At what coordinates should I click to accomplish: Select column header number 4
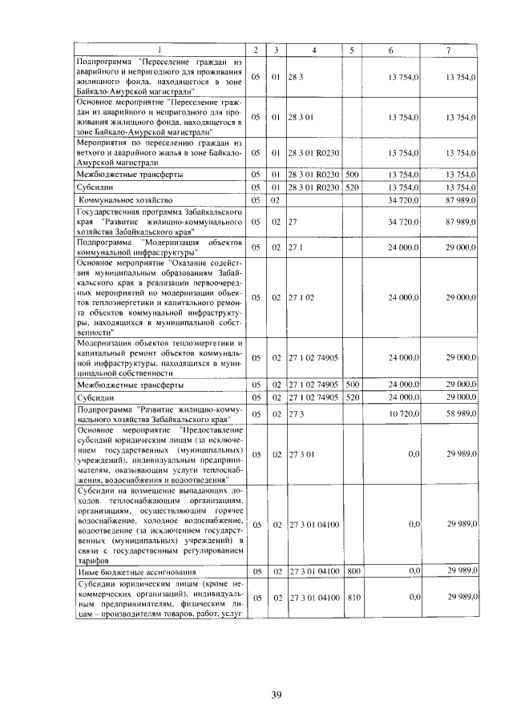click(x=314, y=50)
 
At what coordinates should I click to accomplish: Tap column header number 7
click(x=449, y=50)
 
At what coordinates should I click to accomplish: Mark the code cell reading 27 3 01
click(x=301, y=453)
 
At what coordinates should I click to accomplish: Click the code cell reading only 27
click(x=293, y=221)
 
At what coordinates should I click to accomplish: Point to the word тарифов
click(x=91, y=562)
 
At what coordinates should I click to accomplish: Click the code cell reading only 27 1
click(x=295, y=248)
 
